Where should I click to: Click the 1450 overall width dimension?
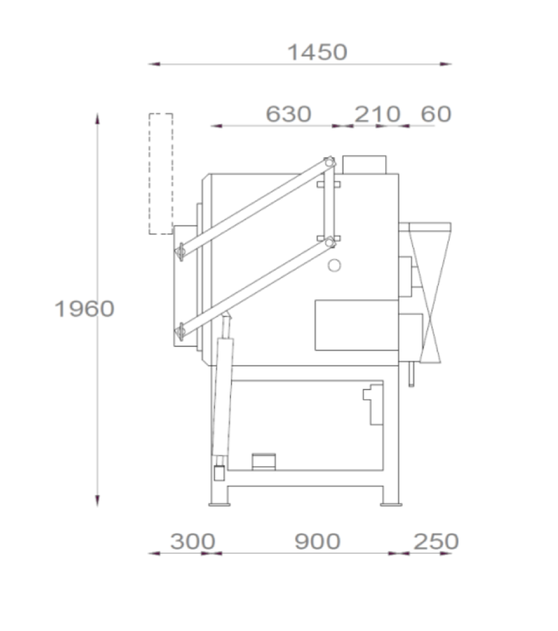coord(318,52)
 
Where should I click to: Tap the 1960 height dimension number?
coord(84,309)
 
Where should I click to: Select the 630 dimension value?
coord(288,114)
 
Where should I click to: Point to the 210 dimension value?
coord(377,114)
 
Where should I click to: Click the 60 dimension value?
coord(436,114)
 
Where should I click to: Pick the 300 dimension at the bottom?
coord(193,541)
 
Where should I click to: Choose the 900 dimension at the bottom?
coord(318,541)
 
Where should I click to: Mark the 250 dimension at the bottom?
coord(436,541)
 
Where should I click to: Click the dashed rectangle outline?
coord(149,173)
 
